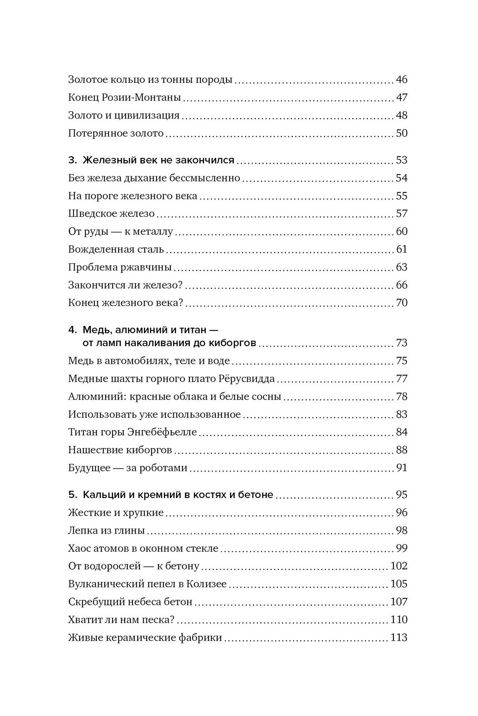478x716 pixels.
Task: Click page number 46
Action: (402, 79)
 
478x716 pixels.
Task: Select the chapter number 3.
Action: (72, 160)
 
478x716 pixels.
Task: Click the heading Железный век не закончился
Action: (159, 160)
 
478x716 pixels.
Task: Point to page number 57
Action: (402, 214)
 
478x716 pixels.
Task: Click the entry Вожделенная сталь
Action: (116, 249)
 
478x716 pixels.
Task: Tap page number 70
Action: (402, 303)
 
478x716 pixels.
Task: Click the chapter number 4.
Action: (72, 330)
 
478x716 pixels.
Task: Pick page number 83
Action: (402, 414)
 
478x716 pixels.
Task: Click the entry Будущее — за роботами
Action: (128, 468)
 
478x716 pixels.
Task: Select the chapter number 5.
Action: (72, 495)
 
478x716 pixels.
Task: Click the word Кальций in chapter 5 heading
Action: (101, 495)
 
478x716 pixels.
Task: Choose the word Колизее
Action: (206, 584)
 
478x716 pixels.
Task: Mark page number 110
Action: (399, 620)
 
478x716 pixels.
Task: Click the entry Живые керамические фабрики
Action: (145, 638)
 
